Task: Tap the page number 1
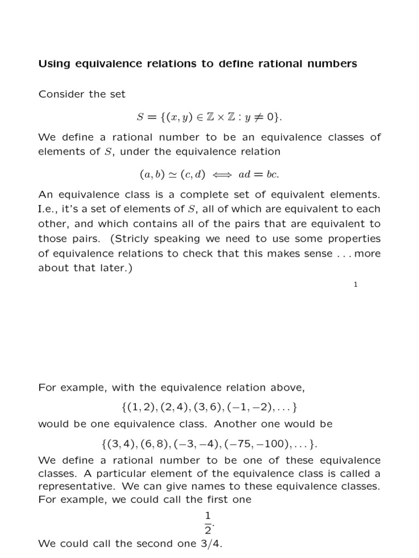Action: (x=355, y=284)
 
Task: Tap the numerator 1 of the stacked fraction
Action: (x=206, y=515)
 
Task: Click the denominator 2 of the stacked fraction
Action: (x=206, y=529)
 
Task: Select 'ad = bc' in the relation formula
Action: (x=264, y=174)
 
